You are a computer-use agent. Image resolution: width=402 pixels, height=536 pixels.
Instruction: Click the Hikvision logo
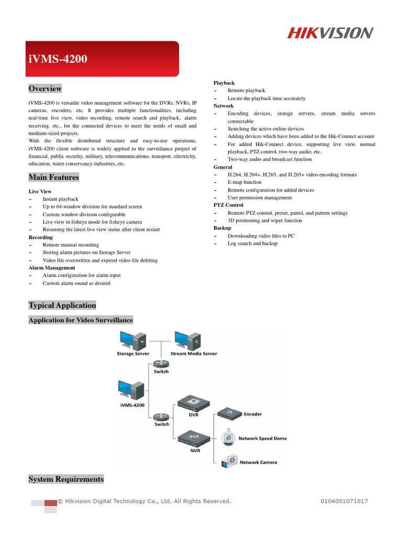(330, 33)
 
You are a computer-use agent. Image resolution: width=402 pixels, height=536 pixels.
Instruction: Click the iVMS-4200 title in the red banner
(58, 59)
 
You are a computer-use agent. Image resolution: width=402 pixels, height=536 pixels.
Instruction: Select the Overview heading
(45, 88)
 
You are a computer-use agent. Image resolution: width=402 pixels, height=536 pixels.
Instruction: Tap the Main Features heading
(54, 177)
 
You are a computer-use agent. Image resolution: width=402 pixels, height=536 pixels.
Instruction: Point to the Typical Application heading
(62, 305)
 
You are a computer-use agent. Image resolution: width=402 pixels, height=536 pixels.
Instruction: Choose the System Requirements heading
(66, 479)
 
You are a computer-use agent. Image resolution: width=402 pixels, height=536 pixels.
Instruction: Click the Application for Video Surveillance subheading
(81, 320)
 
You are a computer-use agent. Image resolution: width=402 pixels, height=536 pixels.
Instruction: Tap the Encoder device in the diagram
(229, 414)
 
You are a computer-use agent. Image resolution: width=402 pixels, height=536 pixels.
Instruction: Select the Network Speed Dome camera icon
(229, 438)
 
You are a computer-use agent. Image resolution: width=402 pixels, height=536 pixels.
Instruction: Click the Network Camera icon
(229, 462)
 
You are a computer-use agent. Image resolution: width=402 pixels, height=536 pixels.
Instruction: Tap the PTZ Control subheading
(228, 205)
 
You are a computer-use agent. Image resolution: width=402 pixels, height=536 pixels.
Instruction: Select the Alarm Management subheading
(52, 267)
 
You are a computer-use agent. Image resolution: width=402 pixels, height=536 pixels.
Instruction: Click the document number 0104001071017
(344, 501)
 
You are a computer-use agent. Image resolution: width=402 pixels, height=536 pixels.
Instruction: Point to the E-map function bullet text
(244, 182)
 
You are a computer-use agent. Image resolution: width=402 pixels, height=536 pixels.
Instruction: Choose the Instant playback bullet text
(60, 199)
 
